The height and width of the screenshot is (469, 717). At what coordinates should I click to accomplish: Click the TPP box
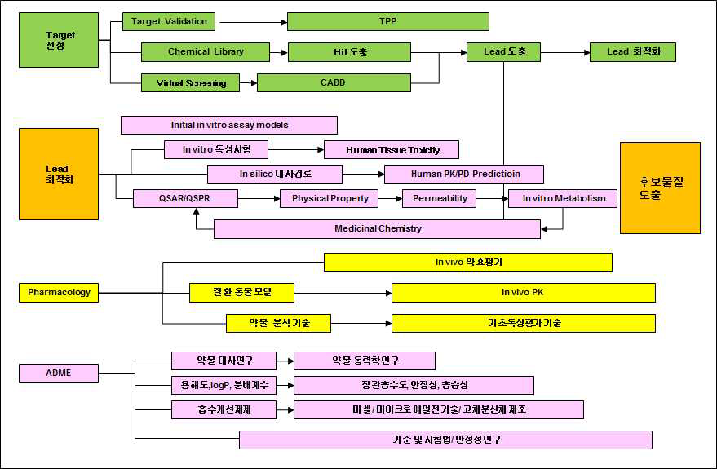point(387,21)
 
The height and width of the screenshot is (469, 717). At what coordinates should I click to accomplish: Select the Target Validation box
point(169,21)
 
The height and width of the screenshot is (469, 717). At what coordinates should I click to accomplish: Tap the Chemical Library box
point(206,52)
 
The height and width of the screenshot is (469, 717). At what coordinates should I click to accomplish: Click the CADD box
point(334,82)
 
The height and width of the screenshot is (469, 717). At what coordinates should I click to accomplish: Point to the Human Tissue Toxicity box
point(392,150)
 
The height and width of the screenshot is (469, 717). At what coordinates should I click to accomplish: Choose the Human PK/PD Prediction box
point(464,174)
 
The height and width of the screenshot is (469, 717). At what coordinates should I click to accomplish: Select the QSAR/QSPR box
point(185,198)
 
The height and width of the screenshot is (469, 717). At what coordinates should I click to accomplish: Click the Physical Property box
point(330,198)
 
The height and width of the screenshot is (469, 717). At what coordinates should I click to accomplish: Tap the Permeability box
point(440,198)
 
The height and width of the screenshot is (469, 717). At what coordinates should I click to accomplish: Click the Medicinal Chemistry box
point(377,228)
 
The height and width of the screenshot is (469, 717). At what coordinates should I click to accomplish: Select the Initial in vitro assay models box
point(229,125)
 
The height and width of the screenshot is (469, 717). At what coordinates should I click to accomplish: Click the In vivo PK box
point(523,292)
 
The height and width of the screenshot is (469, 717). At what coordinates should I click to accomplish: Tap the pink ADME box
point(59,373)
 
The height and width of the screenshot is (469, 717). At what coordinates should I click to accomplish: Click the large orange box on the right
point(660,188)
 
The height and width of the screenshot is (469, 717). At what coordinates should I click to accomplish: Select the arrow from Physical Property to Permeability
point(391,198)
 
